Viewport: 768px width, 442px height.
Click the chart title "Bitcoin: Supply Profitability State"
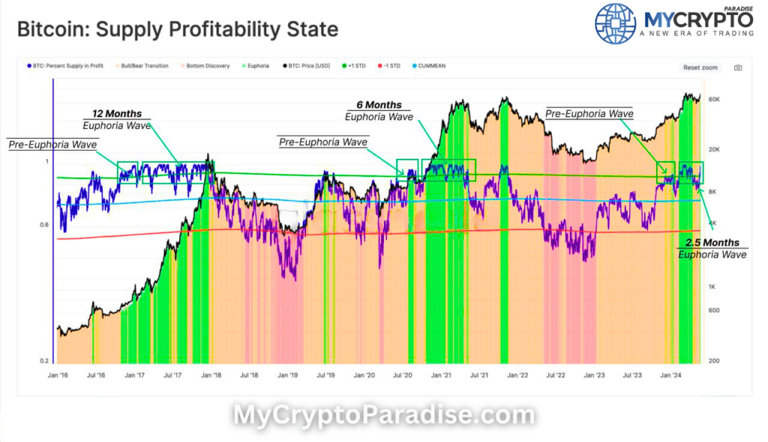177,31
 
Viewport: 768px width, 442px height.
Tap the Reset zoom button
700,67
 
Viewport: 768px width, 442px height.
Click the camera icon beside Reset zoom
737,67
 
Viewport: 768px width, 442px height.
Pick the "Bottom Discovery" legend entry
205,66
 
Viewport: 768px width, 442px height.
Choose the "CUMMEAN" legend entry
430,66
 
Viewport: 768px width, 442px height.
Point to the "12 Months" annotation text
116,113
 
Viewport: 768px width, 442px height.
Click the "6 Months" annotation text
379,105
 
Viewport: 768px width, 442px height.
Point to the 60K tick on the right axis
714,99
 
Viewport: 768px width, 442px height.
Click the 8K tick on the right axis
712,192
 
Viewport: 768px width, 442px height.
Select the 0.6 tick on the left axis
43,225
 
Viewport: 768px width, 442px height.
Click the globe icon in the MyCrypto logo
614,23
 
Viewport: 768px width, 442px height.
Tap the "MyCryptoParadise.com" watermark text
384,415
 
